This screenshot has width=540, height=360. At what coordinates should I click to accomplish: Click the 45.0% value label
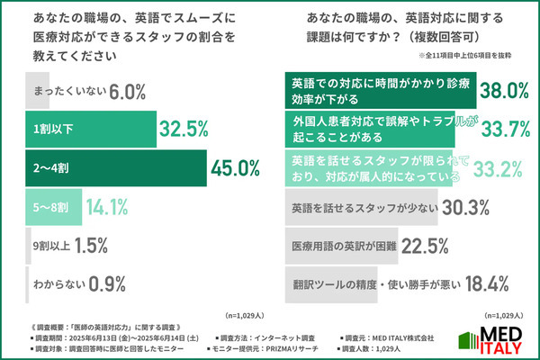(x=235, y=168)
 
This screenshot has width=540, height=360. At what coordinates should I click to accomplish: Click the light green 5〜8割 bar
(x=50, y=206)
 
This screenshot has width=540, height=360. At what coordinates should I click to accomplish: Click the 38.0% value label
(x=502, y=91)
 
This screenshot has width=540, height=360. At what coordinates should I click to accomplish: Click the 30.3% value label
(x=465, y=207)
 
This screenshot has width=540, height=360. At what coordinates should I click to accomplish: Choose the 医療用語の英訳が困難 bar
(x=342, y=245)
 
